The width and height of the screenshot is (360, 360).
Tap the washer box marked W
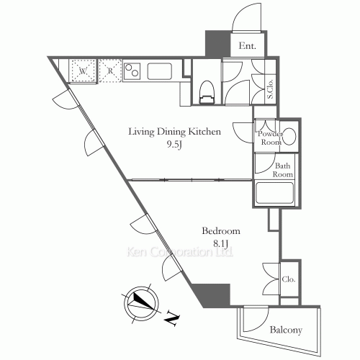[83, 71]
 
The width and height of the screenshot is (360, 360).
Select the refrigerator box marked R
[110, 71]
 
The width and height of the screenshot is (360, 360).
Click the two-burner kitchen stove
[133, 71]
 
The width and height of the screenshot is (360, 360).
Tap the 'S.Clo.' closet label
[271, 87]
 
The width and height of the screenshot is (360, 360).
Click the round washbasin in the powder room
[290, 136]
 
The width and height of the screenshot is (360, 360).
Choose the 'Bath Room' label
[283, 170]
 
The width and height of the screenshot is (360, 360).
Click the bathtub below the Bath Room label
[274, 193]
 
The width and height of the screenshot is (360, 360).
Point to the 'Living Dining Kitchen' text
[174, 132]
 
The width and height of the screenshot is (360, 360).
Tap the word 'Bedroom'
[220, 231]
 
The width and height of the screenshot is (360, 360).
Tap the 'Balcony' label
[286, 330]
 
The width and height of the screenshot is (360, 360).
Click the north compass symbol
[139, 302]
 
